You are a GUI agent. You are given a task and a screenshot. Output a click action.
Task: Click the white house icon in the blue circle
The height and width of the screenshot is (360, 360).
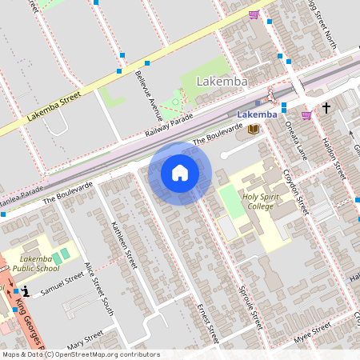coord(180,173)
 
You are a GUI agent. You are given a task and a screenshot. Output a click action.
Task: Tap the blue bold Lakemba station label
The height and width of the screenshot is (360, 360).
coord(258,114)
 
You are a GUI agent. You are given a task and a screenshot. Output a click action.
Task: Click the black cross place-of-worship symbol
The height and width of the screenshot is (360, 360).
coord(326,107)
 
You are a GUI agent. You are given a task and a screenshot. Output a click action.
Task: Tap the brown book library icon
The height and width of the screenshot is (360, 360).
coord(254,130)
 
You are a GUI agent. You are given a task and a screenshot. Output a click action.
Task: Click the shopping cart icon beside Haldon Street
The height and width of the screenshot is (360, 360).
coord(306,115)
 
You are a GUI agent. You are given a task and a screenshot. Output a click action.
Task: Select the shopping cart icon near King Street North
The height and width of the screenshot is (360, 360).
coord(254,14)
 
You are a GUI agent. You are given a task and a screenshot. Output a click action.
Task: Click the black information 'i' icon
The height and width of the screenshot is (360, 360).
coord(26,294)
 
